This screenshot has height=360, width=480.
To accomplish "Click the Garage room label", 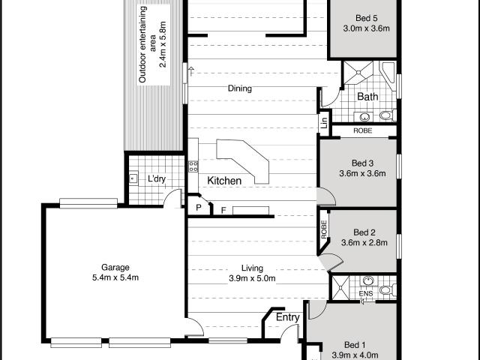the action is pyautogui.click(x=115, y=267).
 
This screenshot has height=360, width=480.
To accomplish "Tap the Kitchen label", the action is pyautogui.click(x=224, y=181).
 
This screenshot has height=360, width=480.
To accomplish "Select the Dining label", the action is pyautogui.click(x=240, y=88).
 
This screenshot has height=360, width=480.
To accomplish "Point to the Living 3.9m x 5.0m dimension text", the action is pyautogui.click(x=252, y=278).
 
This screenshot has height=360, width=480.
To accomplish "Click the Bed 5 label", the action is pyautogui.click(x=366, y=18).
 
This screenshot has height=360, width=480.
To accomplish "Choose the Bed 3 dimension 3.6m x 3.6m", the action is pyautogui.click(x=362, y=173).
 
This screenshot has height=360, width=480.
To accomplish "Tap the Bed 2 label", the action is pyautogui.click(x=364, y=232).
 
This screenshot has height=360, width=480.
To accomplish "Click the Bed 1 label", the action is pyautogui.click(x=355, y=345).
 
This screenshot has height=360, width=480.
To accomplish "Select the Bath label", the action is pyautogui.click(x=367, y=97).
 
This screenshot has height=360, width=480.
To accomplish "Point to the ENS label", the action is pyautogui.click(x=366, y=293).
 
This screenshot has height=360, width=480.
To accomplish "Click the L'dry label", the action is pyautogui.click(x=157, y=178).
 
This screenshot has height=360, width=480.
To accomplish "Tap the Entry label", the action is pyautogui.click(x=287, y=317).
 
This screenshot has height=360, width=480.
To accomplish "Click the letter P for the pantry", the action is pyautogui.click(x=198, y=208).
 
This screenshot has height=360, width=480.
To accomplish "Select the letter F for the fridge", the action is pyautogui.click(x=223, y=210).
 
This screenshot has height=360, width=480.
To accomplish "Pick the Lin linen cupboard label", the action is pyautogui.click(x=324, y=123).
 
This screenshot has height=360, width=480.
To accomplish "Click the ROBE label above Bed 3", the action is pyautogui.click(x=363, y=130).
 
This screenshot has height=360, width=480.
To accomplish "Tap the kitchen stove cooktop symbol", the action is pyautogui.click(x=193, y=166).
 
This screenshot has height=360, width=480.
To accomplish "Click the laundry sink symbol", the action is pyautogui.click(x=133, y=178).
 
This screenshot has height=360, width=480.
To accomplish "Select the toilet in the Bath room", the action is pyautogui.click(x=387, y=115).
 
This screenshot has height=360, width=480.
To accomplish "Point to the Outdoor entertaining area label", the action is pyautogui.click(x=153, y=44).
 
